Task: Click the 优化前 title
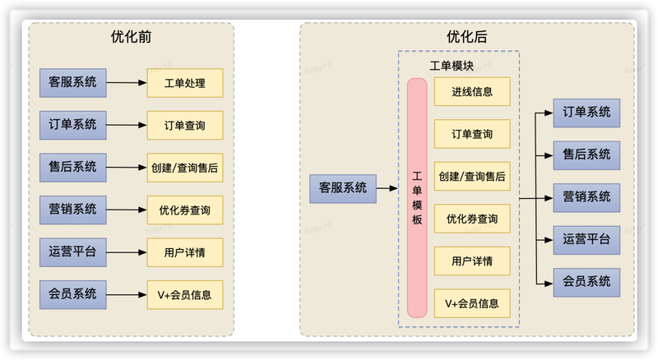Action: point(131,37)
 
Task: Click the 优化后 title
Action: point(466,37)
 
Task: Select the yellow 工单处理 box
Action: point(184,83)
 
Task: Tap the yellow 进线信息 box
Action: point(472,91)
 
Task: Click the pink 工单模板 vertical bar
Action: point(417,197)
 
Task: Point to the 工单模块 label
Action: point(452,66)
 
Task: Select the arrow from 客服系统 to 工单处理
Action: point(127,83)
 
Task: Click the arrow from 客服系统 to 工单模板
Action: point(387,188)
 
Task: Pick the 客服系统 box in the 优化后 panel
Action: point(343,189)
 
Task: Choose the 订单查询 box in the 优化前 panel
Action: point(184,126)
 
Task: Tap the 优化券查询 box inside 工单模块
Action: point(472,219)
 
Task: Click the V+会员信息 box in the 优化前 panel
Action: point(184,295)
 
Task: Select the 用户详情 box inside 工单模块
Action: point(472,261)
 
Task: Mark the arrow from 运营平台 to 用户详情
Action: point(127,252)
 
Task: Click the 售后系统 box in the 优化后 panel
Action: point(586,155)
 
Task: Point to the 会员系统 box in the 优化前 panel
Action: point(73,295)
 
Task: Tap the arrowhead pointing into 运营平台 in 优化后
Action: point(549,241)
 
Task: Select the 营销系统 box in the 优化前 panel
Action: point(73,210)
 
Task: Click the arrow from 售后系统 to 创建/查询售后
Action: point(127,168)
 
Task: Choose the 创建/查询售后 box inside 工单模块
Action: point(472,176)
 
